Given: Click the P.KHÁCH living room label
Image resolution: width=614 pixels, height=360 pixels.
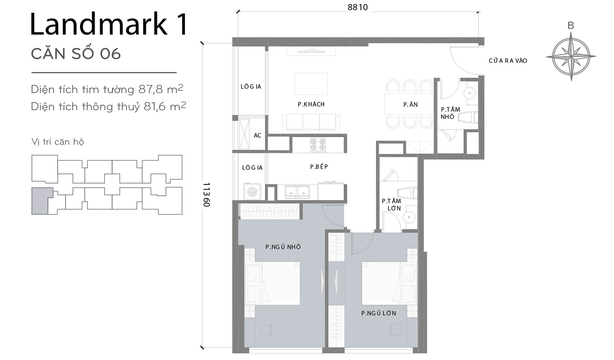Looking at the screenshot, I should (311, 104).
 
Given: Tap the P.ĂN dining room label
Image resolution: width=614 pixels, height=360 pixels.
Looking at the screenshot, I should (410, 105).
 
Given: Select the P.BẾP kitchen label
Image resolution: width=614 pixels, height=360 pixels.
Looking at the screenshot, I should (319, 167).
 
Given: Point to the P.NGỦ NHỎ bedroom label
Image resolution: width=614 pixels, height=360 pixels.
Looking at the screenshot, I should (283, 247).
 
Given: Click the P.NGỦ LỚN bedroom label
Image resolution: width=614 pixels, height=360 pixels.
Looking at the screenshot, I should (378, 313).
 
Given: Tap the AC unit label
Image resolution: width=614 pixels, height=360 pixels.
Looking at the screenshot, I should (257, 136).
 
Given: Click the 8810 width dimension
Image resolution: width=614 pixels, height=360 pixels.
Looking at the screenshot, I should (357, 7).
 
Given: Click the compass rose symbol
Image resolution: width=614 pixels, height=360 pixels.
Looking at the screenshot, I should (571, 56).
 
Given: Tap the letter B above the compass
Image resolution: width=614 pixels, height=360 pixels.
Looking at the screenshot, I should (571, 26).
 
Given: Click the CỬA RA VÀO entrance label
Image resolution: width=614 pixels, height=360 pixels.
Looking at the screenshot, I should (508, 61).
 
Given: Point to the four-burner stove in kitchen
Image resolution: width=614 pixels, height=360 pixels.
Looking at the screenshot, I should (318, 144).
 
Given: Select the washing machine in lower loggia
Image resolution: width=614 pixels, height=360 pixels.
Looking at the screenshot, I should (252, 191).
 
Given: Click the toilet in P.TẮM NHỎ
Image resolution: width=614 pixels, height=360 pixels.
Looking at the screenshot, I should (468, 117).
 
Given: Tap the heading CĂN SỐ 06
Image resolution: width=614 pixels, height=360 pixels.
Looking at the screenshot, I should (76, 54).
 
